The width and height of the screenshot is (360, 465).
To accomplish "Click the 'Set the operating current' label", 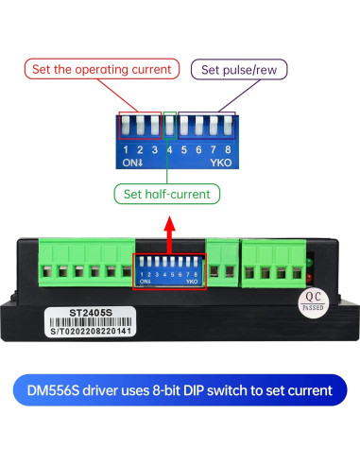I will (102, 69).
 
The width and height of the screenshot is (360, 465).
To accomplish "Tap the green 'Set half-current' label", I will (168, 195).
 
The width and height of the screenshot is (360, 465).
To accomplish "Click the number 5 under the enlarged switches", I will (185, 148).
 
